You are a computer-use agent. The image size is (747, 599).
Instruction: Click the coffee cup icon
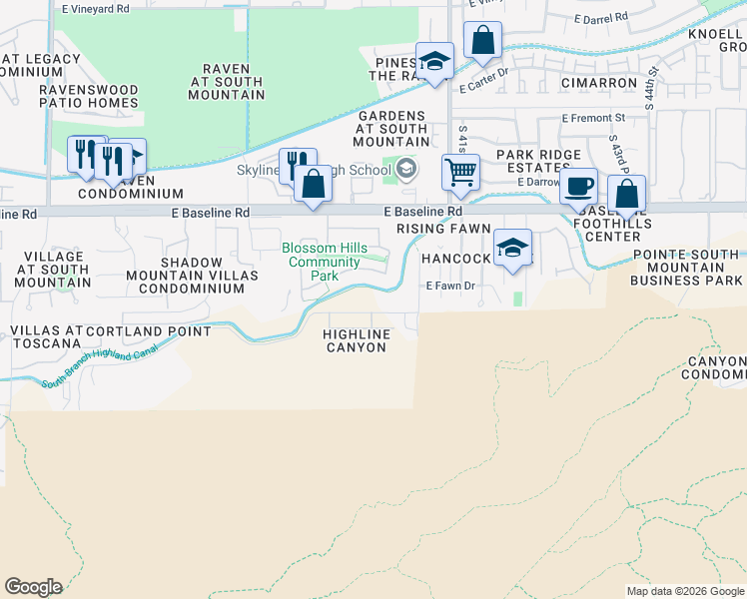pos(578,186)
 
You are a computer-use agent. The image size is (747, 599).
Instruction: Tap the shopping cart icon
pos(460,171)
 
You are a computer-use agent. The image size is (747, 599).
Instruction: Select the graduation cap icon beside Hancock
pos(512,247)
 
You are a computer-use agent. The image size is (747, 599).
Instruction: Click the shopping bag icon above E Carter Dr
pos(482,41)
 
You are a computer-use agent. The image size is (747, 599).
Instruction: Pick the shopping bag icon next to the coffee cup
pos(626,193)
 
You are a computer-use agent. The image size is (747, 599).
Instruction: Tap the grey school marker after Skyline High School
pos(405,168)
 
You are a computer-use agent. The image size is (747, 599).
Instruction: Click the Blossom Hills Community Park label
pos(324,262)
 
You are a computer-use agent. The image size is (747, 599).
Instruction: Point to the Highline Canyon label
pos(357,339)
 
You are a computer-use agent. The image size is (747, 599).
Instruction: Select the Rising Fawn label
pos(443,229)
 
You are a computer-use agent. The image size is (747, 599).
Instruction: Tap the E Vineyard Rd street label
pos(96,8)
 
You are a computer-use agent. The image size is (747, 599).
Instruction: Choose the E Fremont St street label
pos(593,118)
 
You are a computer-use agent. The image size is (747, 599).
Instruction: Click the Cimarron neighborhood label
pos(599,82)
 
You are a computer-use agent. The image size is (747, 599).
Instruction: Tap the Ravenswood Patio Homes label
pos(89,96)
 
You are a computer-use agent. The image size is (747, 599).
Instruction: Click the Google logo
pos(33,587)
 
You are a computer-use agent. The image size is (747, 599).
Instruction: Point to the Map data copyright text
pos(684,591)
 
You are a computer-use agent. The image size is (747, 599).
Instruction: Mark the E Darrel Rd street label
pos(601,18)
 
